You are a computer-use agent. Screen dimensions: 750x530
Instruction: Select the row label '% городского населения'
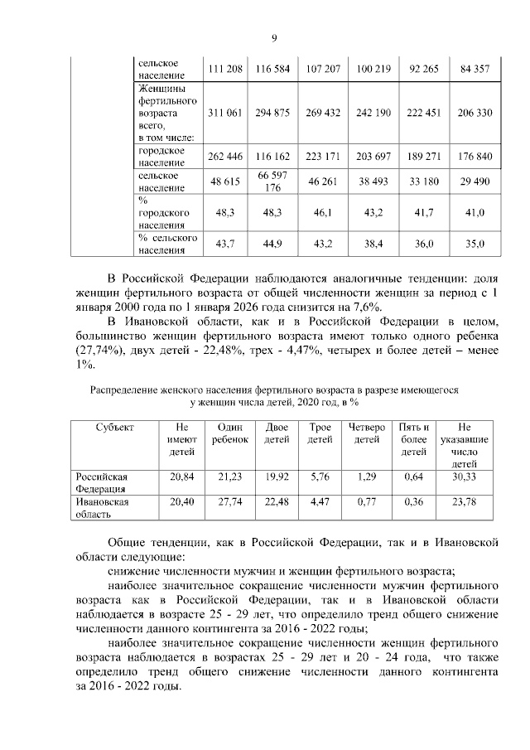pos(162,213)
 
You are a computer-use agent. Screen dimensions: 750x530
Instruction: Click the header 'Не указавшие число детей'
pos(465,446)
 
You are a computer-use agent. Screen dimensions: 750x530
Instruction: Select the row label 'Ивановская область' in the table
pos(103,508)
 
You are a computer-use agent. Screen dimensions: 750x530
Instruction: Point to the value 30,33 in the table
pos(465,478)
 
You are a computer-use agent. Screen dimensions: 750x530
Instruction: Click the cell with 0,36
pos(414,502)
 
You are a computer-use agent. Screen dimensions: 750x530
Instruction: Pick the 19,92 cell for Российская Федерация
pos(277,478)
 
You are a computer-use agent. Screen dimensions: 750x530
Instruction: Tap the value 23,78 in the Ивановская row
pos(465,502)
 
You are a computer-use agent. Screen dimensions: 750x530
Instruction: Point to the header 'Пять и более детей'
pos(414,439)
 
